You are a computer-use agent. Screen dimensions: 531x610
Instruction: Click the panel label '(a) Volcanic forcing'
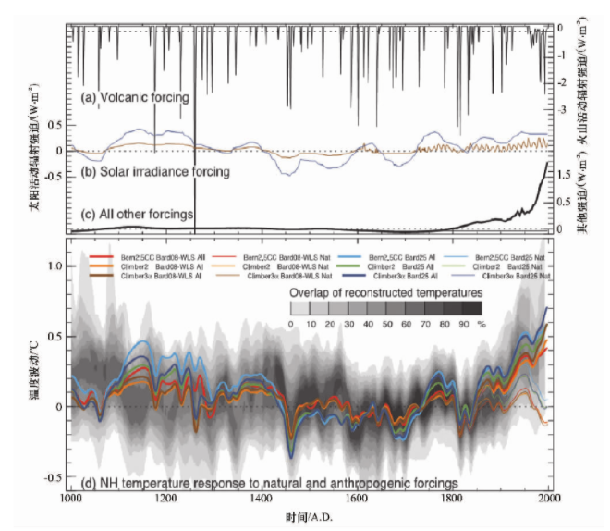pos(135,97)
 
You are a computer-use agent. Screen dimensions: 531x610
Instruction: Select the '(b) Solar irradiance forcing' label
pos(154,171)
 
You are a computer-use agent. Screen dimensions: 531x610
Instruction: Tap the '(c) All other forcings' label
pos(137,214)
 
